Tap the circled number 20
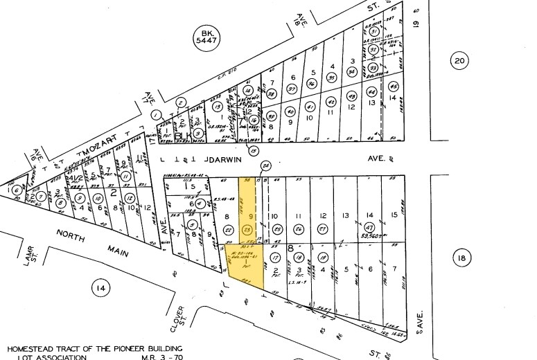459,61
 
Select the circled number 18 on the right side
461,259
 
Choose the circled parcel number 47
370,228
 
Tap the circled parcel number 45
394,87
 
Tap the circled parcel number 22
229,230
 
